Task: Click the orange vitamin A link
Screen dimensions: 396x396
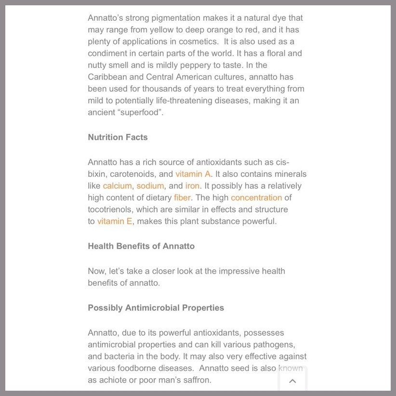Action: coord(193,174)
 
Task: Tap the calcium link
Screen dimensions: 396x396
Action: coord(117,186)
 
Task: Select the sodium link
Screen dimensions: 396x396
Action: coord(150,186)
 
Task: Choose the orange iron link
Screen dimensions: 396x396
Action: coord(192,186)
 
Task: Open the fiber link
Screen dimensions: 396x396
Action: coord(182,198)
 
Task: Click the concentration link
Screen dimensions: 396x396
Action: coord(256,198)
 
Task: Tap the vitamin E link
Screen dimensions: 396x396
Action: coord(115,222)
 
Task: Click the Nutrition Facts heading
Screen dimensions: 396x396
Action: coord(118,137)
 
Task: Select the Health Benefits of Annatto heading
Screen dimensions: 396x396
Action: coord(141,246)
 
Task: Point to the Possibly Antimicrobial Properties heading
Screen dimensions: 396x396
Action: coord(156,308)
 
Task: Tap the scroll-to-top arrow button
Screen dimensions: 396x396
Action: coord(292,381)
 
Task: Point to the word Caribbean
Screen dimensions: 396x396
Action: coord(109,77)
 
